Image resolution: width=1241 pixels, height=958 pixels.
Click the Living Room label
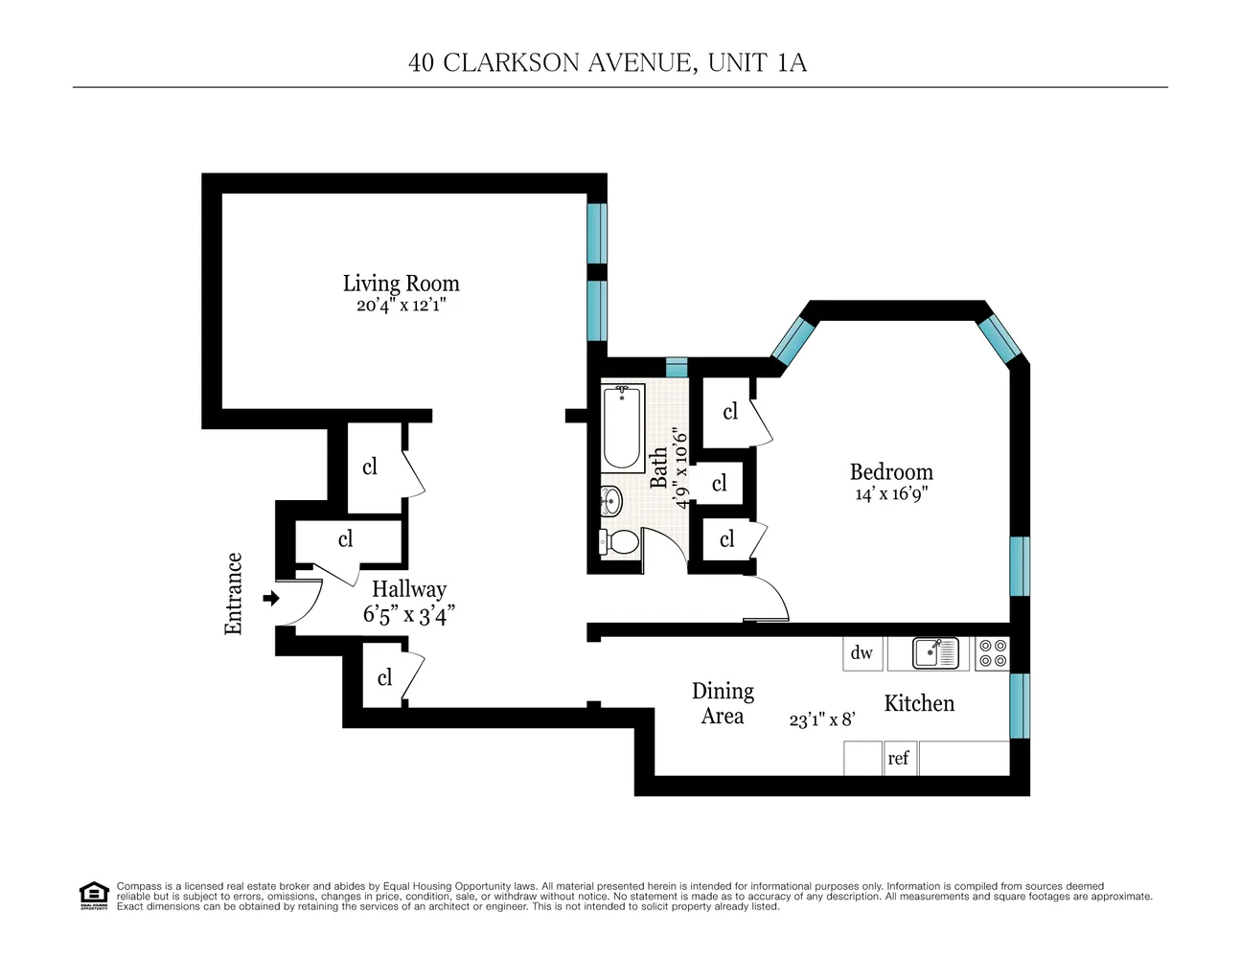(x=401, y=284)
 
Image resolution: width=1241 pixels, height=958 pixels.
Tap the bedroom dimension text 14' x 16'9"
(x=891, y=494)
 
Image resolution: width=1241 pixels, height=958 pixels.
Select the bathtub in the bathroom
(x=623, y=427)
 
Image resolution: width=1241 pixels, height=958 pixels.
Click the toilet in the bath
(x=620, y=542)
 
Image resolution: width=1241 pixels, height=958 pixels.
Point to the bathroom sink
(x=610, y=499)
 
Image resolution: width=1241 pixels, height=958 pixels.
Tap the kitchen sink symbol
(x=934, y=653)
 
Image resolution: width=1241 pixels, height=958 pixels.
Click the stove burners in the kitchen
(x=993, y=653)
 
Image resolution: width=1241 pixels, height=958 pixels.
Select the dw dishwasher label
(x=862, y=653)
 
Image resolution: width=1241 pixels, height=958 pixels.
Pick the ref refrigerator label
(x=898, y=758)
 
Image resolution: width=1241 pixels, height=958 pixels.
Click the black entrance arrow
(x=271, y=599)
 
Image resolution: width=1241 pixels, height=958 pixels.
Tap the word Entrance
(x=234, y=594)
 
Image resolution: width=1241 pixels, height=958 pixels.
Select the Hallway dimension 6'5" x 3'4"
(x=408, y=615)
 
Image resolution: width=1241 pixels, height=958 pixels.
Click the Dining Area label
(x=723, y=703)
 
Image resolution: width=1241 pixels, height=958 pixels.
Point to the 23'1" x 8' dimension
(x=821, y=719)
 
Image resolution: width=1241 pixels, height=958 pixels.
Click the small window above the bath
(x=677, y=368)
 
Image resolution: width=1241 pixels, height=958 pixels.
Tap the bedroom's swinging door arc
(x=772, y=598)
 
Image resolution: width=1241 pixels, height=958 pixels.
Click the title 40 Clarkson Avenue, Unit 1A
(x=608, y=63)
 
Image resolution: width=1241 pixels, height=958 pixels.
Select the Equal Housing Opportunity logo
(x=93, y=896)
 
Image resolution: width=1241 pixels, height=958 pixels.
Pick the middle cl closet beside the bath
(x=720, y=484)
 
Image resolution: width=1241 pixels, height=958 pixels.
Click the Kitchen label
(x=919, y=704)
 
